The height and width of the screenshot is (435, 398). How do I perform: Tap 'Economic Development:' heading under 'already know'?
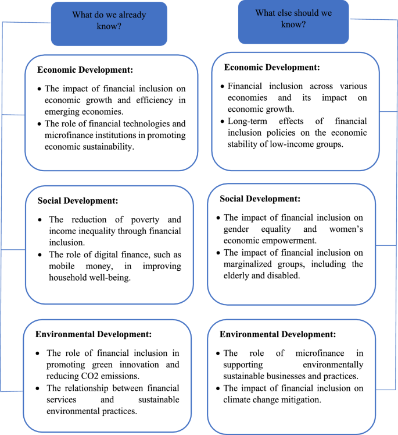coord(85,70)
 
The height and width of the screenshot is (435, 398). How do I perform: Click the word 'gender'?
coord(236,229)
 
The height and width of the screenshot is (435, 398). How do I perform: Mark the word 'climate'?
coord(239,400)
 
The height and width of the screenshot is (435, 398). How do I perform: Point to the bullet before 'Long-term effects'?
coord(223,122)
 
